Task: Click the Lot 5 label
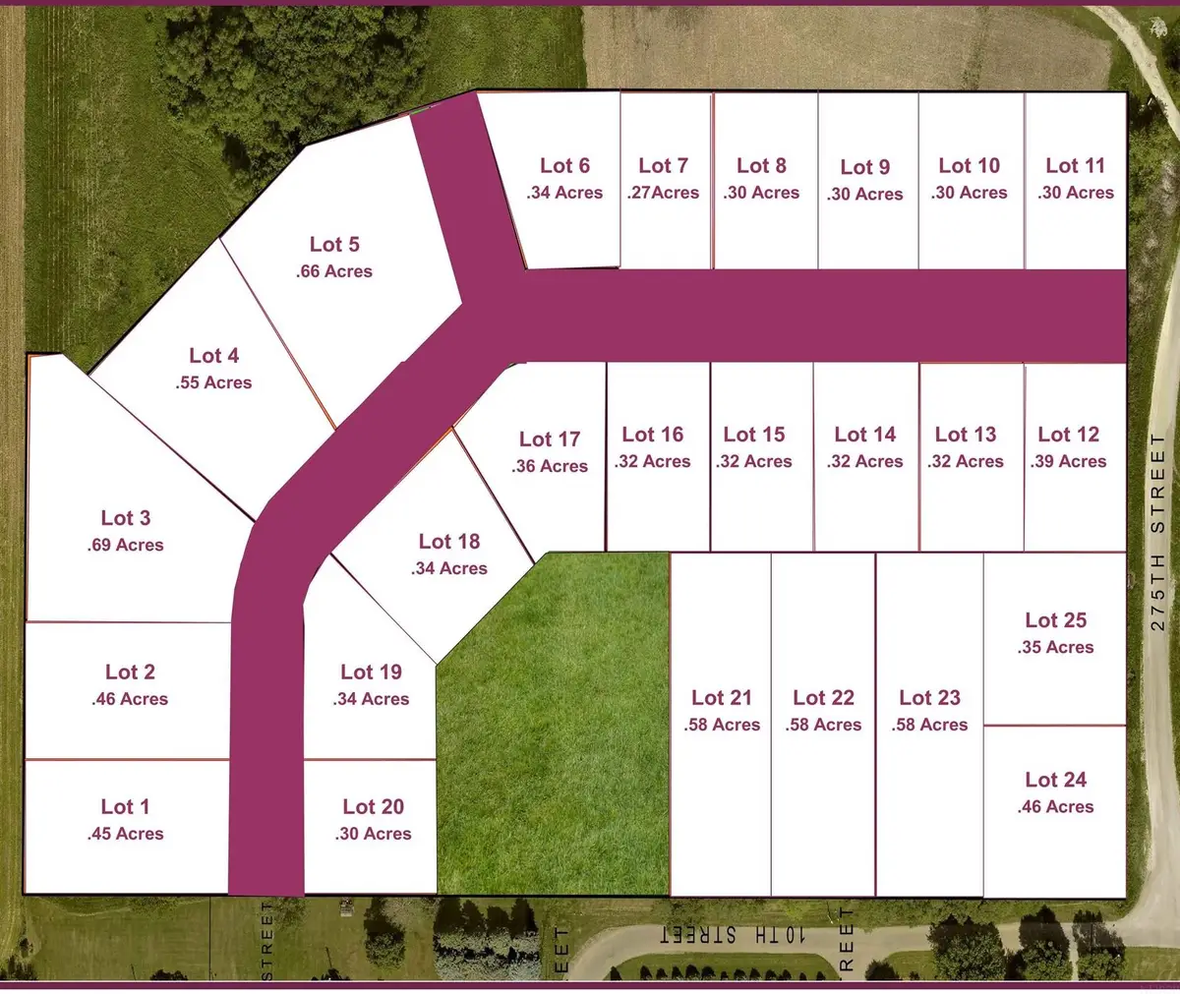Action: (x=334, y=244)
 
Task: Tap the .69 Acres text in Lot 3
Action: (x=126, y=545)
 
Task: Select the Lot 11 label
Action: (x=1075, y=166)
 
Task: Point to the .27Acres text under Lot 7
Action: (x=663, y=193)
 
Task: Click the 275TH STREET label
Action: (x=1157, y=531)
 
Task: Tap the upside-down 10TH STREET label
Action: (x=733, y=935)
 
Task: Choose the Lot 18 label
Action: (x=449, y=542)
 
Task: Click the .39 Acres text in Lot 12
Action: (x=1069, y=461)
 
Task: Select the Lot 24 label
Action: (x=1055, y=780)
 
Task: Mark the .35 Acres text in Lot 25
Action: (x=1055, y=647)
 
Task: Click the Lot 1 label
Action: (x=125, y=807)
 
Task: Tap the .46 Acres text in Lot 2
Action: (x=130, y=699)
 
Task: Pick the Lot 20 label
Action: (x=373, y=807)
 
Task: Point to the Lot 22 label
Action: (x=823, y=698)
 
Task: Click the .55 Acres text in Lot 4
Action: (x=214, y=382)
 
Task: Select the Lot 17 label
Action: (x=550, y=439)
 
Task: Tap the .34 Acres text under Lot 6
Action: (x=564, y=193)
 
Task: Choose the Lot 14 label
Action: (x=865, y=435)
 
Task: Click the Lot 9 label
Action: (x=865, y=167)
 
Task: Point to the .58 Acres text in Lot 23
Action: (x=929, y=725)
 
